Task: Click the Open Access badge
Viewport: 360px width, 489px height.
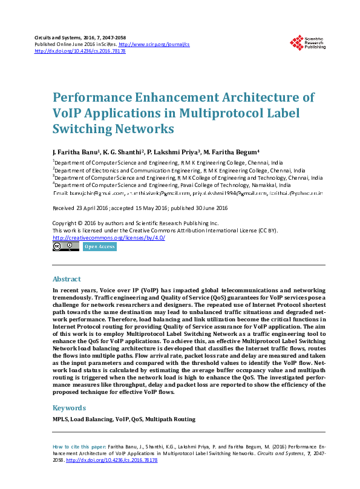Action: coord(99,247)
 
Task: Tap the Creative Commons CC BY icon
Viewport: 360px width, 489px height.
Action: coord(66,246)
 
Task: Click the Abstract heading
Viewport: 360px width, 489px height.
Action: coord(67,280)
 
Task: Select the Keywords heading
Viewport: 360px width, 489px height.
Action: coord(69,408)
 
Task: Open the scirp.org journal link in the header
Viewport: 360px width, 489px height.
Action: coord(154,44)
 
